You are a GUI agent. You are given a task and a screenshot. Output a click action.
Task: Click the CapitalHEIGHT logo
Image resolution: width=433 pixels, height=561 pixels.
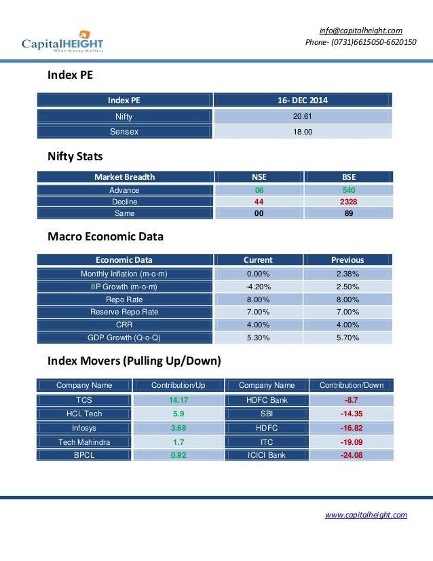[x=62, y=41]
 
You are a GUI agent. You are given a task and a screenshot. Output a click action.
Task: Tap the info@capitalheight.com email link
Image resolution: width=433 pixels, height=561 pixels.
[x=361, y=30]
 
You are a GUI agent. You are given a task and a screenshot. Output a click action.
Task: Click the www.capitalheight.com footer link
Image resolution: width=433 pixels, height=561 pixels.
[x=366, y=515]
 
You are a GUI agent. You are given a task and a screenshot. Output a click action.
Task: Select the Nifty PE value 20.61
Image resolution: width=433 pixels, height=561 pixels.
[x=303, y=117]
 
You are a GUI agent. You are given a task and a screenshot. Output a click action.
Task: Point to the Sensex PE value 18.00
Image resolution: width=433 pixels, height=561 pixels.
[x=303, y=132]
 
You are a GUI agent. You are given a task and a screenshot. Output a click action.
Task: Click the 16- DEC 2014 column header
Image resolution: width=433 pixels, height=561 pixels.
[x=303, y=101]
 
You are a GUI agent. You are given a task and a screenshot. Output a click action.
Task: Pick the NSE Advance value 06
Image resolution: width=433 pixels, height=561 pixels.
[x=259, y=190]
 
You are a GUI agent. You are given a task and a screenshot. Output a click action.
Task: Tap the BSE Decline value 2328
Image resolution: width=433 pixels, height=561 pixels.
[x=349, y=202]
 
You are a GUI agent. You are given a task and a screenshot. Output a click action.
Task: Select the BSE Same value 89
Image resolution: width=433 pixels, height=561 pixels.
[x=349, y=213]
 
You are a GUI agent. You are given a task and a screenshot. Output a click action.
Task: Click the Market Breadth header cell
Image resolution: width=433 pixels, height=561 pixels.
[x=124, y=177]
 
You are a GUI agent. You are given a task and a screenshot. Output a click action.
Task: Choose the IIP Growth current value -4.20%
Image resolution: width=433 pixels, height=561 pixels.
[x=258, y=286]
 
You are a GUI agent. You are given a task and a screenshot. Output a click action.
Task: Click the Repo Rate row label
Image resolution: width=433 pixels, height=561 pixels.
[x=124, y=299]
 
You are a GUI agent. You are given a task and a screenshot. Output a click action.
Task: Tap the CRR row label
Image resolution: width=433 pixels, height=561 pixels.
[x=124, y=325]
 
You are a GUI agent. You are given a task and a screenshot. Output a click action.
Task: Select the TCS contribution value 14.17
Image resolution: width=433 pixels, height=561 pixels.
[x=178, y=400]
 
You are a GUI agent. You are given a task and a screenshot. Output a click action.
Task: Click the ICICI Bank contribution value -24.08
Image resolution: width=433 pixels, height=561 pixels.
[x=351, y=455]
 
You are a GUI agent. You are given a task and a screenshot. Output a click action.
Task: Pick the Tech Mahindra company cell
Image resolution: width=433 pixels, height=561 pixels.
[x=84, y=441]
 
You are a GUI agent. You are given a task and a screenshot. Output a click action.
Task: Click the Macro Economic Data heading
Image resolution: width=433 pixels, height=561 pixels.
[x=105, y=238]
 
